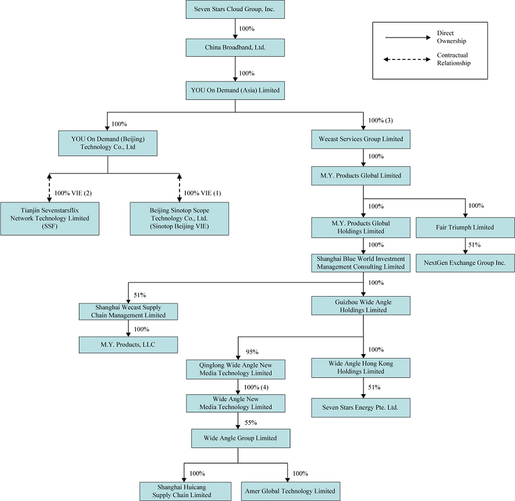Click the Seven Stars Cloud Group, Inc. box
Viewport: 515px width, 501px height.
pyautogui.click(x=235, y=9)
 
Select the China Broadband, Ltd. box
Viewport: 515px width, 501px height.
pyautogui.click(x=235, y=47)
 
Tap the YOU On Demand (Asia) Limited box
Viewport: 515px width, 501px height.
pyautogui.click(x=235, y=91)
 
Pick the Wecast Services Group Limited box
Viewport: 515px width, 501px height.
pyautogui.click(x=362, y=139)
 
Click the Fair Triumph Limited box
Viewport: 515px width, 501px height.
pyautogui.click(x=465, y=227)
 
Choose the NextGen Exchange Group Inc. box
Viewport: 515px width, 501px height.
pyautogui.click(x=465, y=263)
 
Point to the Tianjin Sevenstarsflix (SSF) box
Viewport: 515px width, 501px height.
pyautogui.click(x=50, y=218)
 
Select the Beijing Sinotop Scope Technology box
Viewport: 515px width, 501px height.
pyautogui.click(x=179, y=218)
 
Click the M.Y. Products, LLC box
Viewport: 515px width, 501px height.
pyautogui.click(x=128, y=345)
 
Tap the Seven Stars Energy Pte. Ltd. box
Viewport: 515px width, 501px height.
pyautogui.click(x=362, y=409)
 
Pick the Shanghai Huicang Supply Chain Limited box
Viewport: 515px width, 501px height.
pyautogui.click(x=184, y=490)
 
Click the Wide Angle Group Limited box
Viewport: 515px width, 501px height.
pyautogui.click(x=240, y=439)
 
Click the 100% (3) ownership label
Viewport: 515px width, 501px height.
pyautogui.click(x=380, y=120)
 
